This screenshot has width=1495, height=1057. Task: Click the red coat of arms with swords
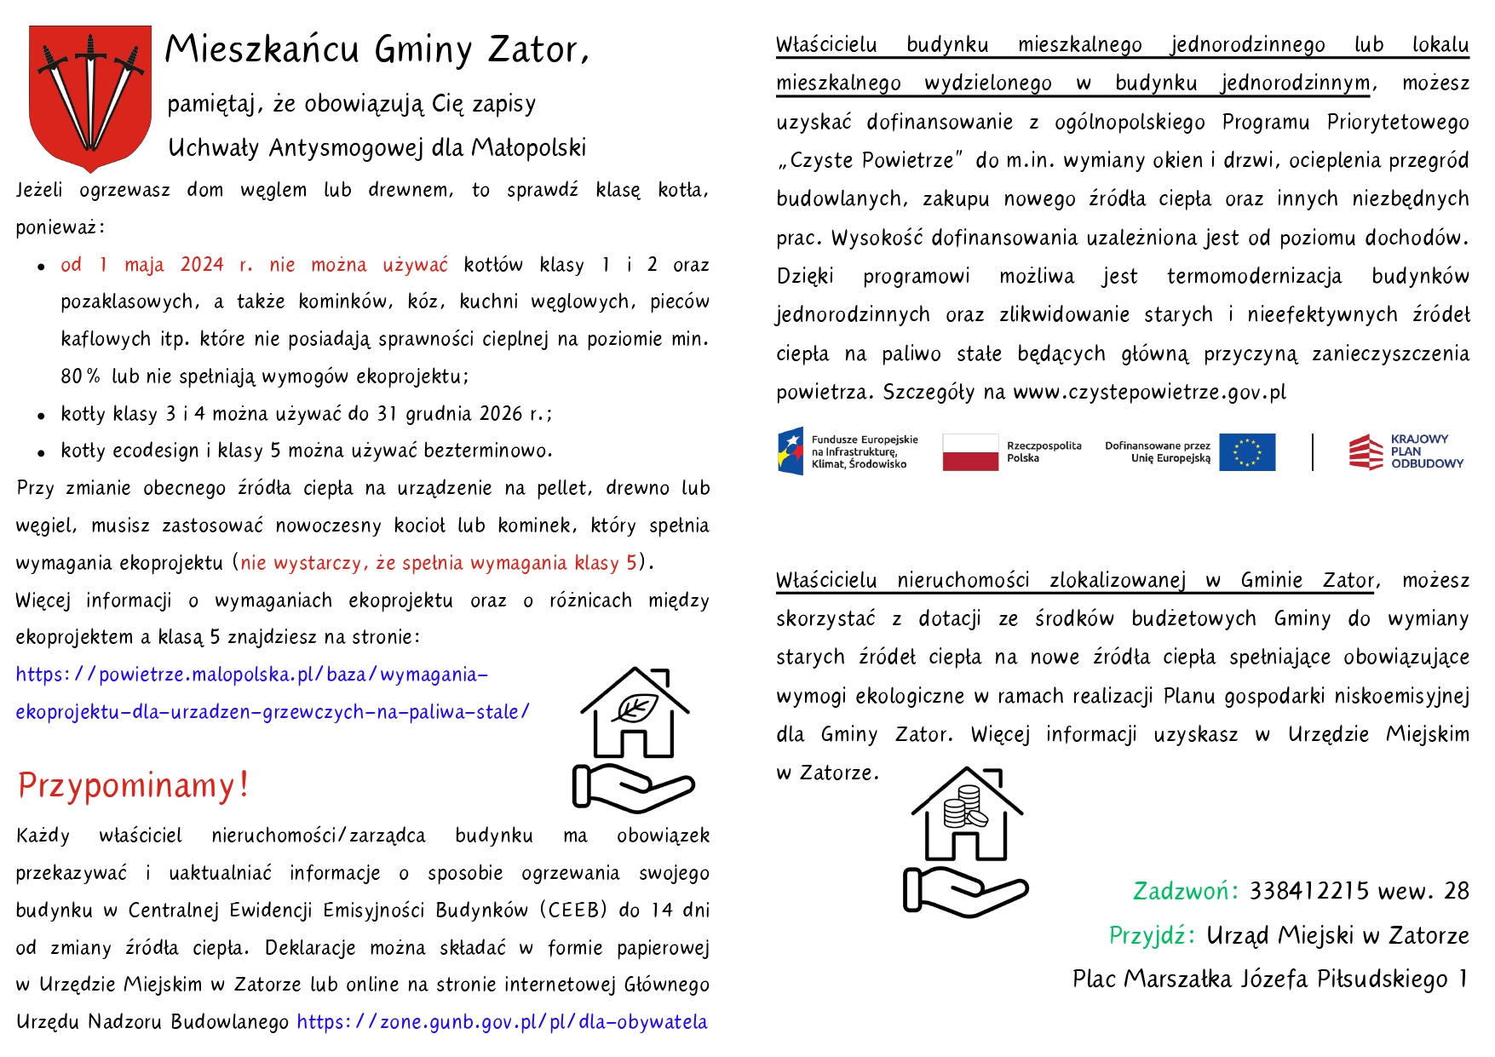pos(89,97)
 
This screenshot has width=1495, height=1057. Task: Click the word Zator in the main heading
pos(537,49)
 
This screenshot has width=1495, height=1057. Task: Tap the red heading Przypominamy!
pos(133,785)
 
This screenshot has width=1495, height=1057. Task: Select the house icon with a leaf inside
pos(635,738)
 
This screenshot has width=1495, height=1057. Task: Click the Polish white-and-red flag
pos(970,451)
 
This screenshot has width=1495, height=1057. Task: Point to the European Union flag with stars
pos(1247,451)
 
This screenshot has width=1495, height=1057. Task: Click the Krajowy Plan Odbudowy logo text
pos(1426,451)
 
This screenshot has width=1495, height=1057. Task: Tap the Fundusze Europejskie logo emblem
pos(790,451)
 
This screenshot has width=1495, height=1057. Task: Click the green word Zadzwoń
pos(1185,891)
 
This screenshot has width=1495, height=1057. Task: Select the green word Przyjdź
pos(1153,935)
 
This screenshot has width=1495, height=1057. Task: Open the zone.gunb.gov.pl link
pos(502,1022)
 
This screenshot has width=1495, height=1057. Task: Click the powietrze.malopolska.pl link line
pos(252,675)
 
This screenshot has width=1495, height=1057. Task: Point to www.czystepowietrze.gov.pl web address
pos(1149,392)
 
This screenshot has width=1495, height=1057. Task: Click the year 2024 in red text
pos(202,265)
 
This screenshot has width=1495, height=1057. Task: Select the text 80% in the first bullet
pos(80,376)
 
